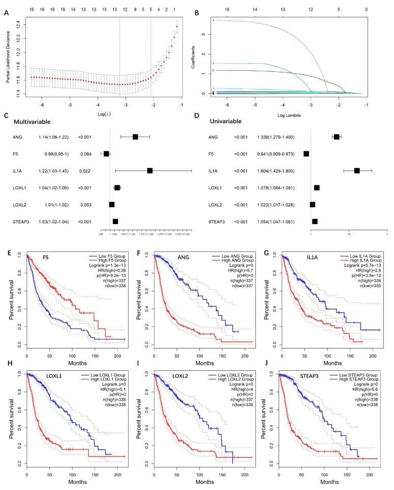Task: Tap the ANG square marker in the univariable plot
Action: tap(337, 137)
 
